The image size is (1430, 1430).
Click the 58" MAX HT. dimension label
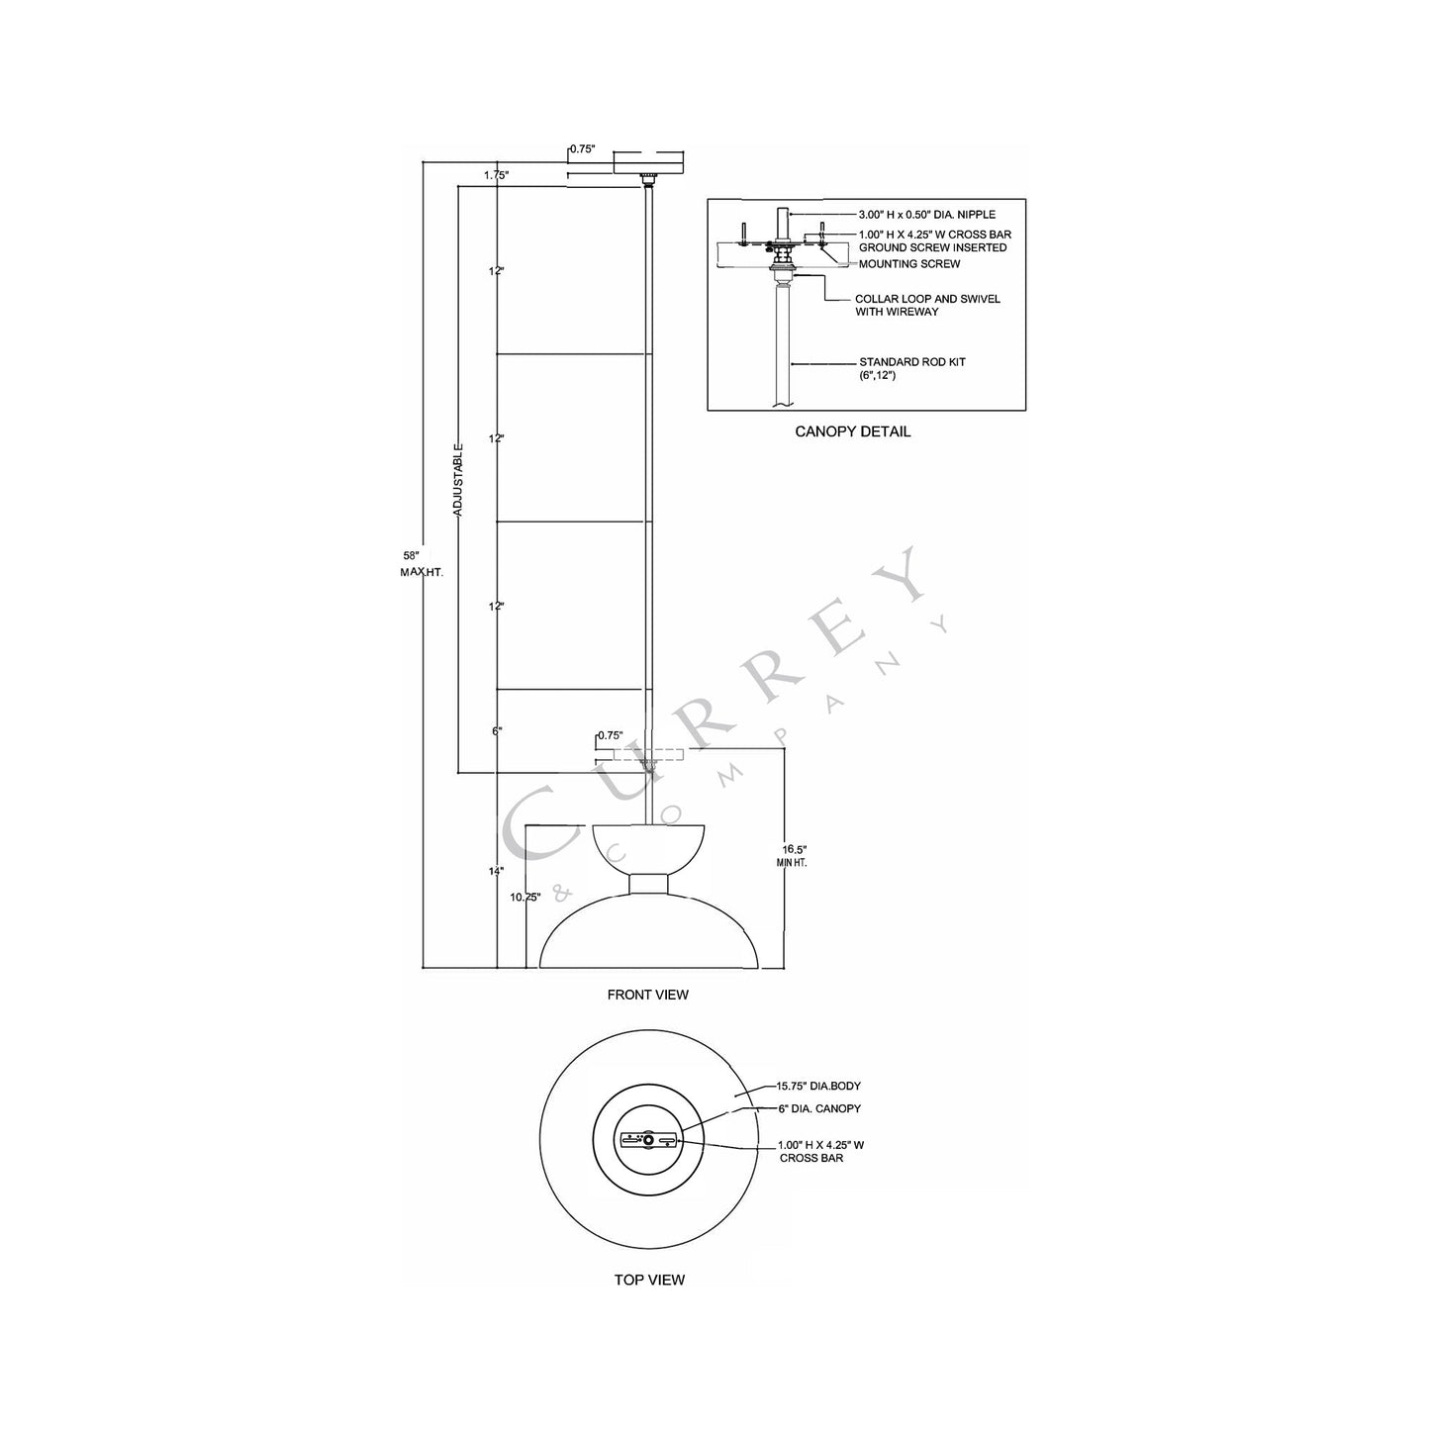pos(410,564)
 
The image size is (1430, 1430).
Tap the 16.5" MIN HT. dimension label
pos(794,856)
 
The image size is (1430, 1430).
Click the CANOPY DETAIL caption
pos(852,431)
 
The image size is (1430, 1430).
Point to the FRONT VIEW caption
pos(647,995)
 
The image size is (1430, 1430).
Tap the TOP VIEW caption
pos(648,1280)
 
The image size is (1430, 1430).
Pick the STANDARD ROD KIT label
pos(911,362)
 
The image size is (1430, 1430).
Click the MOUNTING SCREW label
pos(908,264)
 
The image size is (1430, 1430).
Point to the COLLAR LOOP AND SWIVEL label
pos(926,299)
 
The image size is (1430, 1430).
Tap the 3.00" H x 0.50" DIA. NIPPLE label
pos(926,215)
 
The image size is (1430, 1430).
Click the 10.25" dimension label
pos(524,898)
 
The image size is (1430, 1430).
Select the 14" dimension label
pos(496,871)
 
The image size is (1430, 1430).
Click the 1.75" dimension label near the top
pos(496,175)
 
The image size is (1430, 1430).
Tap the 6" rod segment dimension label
pos(497,730)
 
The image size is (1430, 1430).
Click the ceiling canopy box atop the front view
pos(648,161)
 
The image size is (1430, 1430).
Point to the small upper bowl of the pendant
pos(648,846)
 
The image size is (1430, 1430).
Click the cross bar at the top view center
pos(648,1140)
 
